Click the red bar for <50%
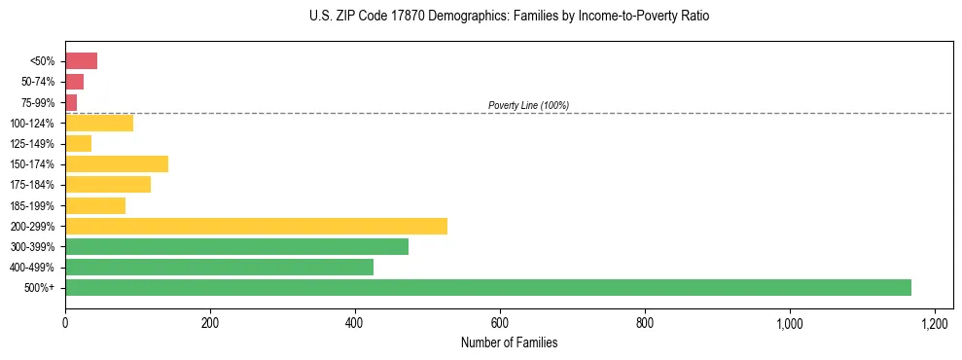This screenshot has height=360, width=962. tap(81, 61)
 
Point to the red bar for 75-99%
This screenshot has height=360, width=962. tap(71, 102)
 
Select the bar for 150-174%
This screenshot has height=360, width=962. tap(117, 163)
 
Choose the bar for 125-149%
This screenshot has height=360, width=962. tap(78, 143)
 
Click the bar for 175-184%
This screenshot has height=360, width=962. tap(108, 184)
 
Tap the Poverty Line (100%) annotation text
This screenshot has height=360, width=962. tap(528, 105)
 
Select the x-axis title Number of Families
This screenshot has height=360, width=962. tap(510, 342)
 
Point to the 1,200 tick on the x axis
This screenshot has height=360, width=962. tap(934, 322)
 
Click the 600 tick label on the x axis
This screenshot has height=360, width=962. tap(500, 322)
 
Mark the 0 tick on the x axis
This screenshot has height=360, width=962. tap(65, 322)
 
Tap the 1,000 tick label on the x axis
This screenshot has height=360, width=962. tap(789, 322)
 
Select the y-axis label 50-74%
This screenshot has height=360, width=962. tap(39, 82)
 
